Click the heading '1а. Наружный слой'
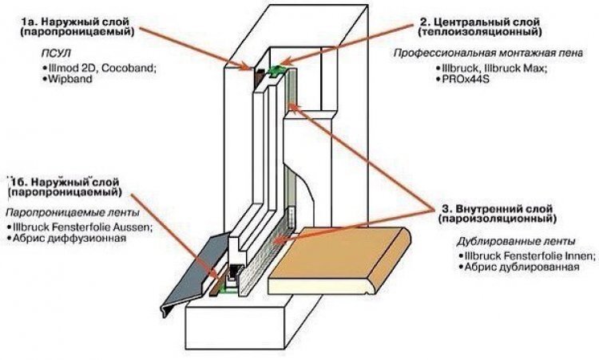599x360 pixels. coord(76,22)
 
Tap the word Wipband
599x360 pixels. coord(70,79)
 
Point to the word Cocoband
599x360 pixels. coord(129,69)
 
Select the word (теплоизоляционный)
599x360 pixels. coord(480,33)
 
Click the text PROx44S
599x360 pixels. coord(466,79)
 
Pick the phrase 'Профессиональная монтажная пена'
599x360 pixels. coord(488,53)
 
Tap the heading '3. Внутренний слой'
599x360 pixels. coord(498,209)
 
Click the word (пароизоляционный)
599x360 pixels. coord(498,220)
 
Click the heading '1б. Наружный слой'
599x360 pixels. coord(65,182)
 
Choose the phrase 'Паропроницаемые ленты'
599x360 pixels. coord(72,212)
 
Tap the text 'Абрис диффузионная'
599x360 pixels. coord(69,238)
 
